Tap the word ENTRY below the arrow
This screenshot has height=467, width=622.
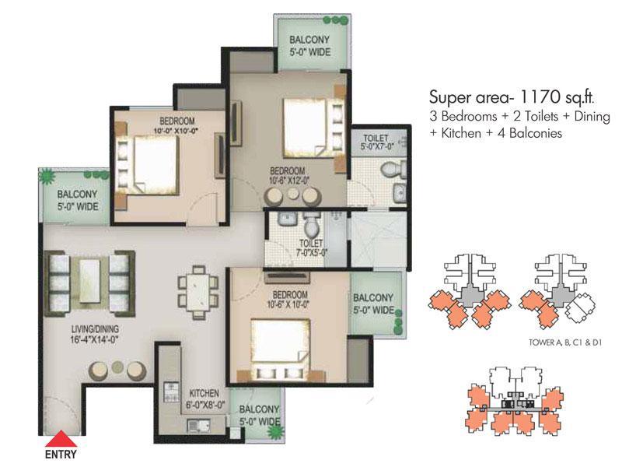[61, 455]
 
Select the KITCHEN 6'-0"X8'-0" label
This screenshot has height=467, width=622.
[204, 399]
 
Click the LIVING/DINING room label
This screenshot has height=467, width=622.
[95, 334]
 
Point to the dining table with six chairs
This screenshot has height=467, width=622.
[198, 293]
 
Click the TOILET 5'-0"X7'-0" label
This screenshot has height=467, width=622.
[376, 142]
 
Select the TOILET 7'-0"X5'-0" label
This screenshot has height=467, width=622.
[313, 248]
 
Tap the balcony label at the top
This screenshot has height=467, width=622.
[309, 46]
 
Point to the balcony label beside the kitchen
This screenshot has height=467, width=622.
[260, 416]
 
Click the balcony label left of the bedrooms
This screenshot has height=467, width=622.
[78, 200]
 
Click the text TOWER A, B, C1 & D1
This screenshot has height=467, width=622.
[565, 342]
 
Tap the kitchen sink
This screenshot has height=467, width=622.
[198, 426]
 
